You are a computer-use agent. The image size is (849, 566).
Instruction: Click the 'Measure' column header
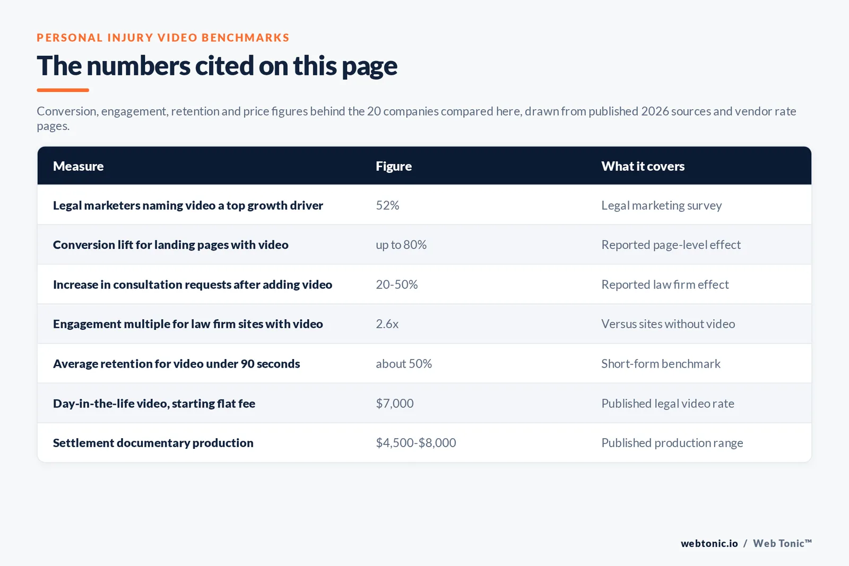click(78, 166)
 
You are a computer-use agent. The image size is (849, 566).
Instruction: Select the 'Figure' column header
click(393, 167)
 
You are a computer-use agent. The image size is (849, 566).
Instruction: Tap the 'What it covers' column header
click(643, 166)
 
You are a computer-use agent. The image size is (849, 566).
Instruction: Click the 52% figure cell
click(387, 205)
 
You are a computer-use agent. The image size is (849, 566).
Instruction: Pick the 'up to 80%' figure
click(401, 245)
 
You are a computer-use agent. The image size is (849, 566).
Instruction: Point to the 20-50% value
click(396, 284)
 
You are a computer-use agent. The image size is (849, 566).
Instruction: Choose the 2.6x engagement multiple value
click(387, 324)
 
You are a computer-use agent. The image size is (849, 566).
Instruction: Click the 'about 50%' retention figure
click(404, 364)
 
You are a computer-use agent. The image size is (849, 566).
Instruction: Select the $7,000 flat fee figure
click(395, 404)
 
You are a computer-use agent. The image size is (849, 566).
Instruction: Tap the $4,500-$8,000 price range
click(416, 443)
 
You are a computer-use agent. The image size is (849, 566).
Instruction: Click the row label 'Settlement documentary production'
click(153, 443)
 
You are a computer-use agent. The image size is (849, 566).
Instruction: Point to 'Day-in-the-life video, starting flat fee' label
click(154, 404)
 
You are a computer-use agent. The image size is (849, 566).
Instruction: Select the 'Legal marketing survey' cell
click(661, 205)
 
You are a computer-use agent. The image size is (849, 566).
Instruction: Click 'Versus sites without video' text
click(668, 324)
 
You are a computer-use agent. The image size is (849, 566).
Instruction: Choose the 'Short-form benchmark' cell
click(661, 364)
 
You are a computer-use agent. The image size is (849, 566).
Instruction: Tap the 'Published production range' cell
click(672, 443)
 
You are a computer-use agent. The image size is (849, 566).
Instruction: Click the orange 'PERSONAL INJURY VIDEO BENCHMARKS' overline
click(163, 38)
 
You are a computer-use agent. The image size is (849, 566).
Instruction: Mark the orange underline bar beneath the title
click(63, 90)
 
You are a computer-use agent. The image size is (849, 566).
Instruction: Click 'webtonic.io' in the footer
click(709, 543)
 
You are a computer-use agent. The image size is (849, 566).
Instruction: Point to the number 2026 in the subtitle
click(655, 111)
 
